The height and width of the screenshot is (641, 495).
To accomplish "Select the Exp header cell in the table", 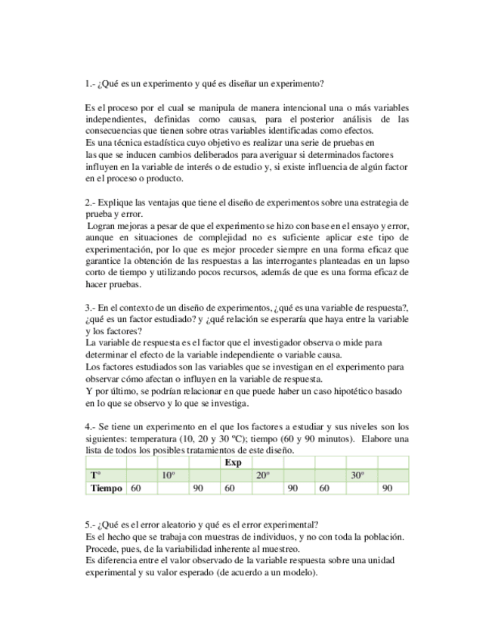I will pos(234,463).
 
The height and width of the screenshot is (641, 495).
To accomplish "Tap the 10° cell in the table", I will pos(169,475).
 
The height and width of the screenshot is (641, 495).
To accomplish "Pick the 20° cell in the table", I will pos(263,475).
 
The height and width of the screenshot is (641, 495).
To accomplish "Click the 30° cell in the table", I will pos(357,475).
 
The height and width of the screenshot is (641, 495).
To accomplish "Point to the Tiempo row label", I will pos(106,488).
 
